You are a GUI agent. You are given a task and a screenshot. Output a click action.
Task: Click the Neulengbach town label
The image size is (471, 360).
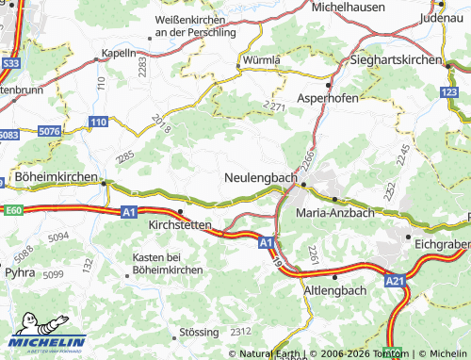coord(261,177)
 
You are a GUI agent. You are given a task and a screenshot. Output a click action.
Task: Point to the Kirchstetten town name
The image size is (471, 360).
coord(186,226)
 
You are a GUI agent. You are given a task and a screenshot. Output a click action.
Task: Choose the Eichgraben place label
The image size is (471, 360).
coord(442,243)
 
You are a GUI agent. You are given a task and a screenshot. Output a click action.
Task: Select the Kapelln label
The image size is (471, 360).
coord(119,54)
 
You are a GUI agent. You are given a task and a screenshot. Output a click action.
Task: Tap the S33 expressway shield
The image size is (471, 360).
coord(10,63)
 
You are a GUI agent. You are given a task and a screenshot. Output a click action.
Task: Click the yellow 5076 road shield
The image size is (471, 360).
coord(50,131)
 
